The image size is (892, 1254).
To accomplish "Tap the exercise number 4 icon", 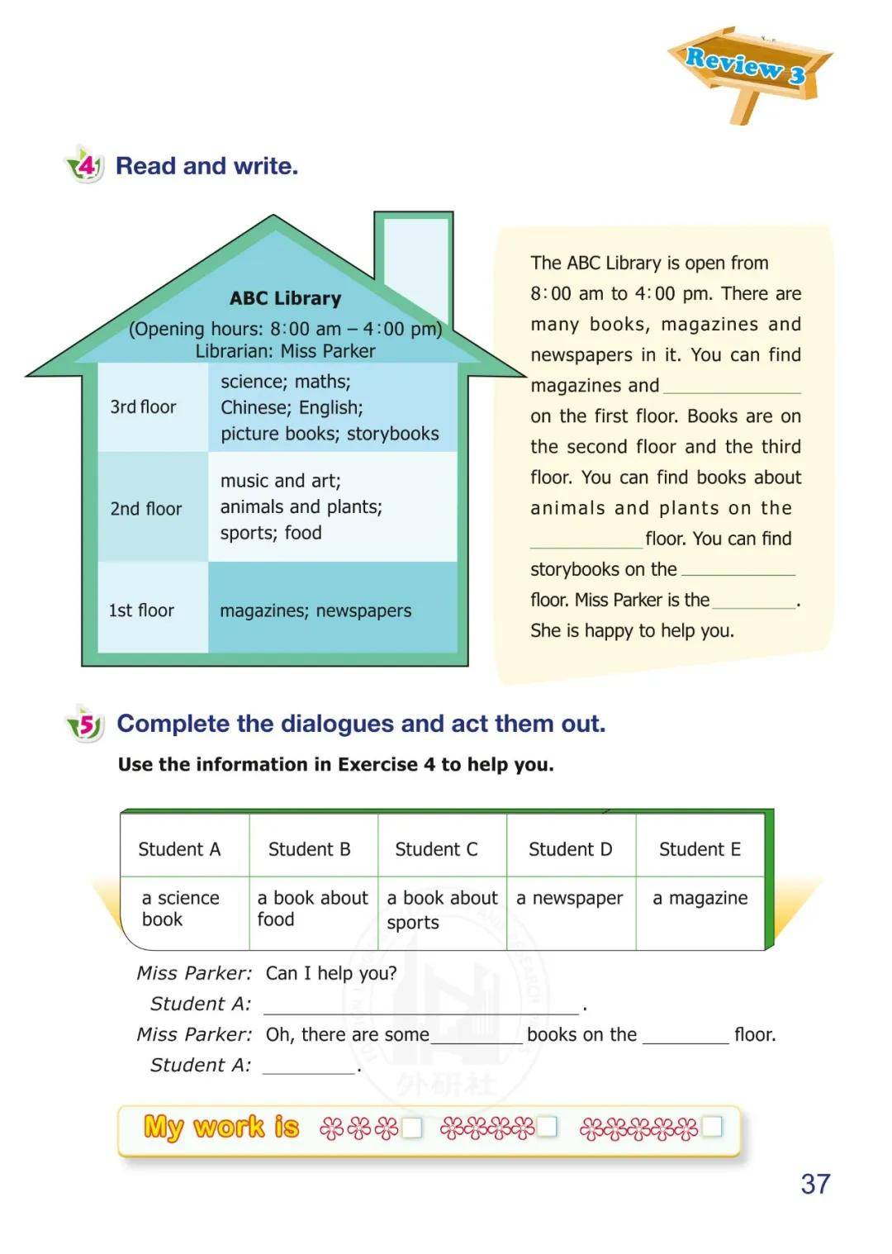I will pos(85,165).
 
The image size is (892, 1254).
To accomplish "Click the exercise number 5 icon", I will pos(85,724).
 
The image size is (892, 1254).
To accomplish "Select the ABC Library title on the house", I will pos(285,298).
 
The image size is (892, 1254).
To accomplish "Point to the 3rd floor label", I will pos(144,407).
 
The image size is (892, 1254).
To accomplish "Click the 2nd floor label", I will pos(146,509).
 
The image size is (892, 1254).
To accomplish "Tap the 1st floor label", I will pos(142,610).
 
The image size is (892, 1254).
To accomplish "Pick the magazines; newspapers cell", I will pos(316,610).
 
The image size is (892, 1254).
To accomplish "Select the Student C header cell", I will pos(436,849).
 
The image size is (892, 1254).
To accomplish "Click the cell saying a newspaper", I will pos(570,898).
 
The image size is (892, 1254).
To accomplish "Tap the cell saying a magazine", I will pos(700,898).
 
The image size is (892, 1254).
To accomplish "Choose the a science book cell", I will pos(181,909).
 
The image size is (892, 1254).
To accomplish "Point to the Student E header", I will pos(700,849).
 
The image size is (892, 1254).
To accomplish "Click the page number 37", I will pos(815,1184).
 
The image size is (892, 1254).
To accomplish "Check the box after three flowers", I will pos(411,1128).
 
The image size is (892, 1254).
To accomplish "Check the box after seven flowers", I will pos(711,1126).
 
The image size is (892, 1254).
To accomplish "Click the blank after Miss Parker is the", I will pos(753,601).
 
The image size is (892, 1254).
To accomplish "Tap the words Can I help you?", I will pos(331,973).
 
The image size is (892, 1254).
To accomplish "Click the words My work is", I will pos(221,1127).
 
